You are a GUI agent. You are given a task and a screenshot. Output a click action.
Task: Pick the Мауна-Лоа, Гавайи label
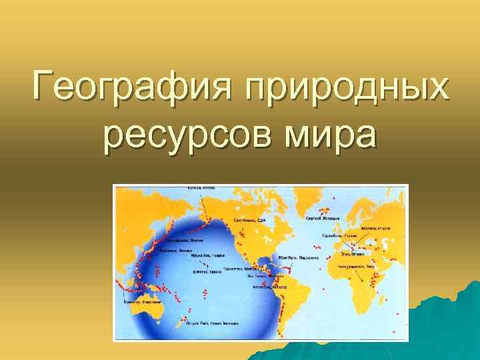(x=205, y=255)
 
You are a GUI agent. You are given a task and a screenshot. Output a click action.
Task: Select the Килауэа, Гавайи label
(x=207, y=271)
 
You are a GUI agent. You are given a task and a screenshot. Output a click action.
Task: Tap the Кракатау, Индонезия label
(x=136, y=301)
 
